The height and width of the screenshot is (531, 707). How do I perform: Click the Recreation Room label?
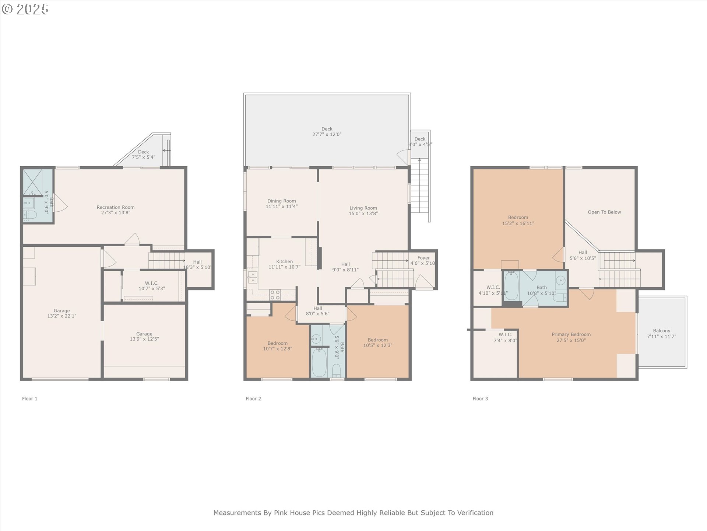(x=116, y=207)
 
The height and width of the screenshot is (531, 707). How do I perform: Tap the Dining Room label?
(x=282, y=201)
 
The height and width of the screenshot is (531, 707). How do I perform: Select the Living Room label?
(x=363, y=208)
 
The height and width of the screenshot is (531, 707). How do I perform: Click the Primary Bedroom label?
(x=571, y=334)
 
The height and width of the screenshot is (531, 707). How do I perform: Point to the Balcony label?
(x=662, y=331)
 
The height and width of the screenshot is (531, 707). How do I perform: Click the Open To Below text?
(x=604, y=212)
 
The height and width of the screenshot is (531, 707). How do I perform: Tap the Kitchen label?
(x=285, y=261)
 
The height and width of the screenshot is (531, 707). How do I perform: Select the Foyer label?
(x=423, y=258)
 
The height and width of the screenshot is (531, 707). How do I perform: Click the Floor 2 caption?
(x=253, y=399)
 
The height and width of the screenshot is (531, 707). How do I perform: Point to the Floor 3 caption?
(x=480, y=399)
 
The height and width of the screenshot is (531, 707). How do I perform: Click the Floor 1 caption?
(x=30, y=399)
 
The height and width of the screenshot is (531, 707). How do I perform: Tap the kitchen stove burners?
(x=275, y=295)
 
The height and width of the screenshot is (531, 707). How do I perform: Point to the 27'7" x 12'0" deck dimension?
(x=327, y=135)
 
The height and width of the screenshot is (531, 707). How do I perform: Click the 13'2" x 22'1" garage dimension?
(x=62, y=316)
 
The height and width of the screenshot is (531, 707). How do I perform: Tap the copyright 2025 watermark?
(x=25, y=9)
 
